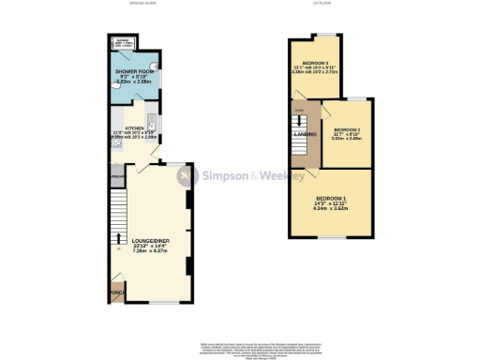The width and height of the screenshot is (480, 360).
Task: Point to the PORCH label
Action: click(x=116, y=292)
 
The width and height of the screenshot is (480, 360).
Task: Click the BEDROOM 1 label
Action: click(x=331, y=200)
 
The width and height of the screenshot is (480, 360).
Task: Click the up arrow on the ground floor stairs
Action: click(x=118, y=246)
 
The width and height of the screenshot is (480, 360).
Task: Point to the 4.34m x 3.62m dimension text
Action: click(x=331, y=210)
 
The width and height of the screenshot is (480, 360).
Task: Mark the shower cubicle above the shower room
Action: click(x=122, y=44)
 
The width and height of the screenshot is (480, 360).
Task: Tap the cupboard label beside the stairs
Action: click(x=118, y=175)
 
